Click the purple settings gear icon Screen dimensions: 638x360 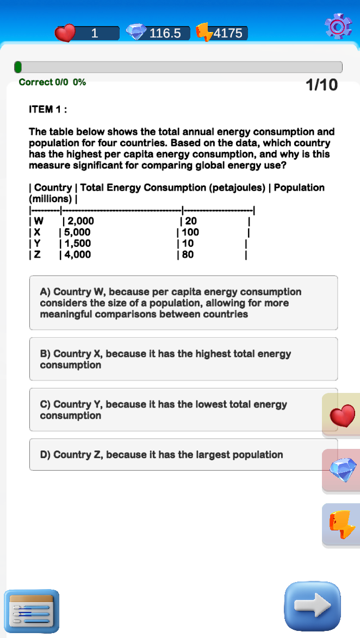(338, 26)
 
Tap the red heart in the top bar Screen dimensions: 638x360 (65, 33)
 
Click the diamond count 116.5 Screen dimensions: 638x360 (165, 33)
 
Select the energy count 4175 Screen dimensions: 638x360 (228, 33)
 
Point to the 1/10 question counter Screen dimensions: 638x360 (321, 85)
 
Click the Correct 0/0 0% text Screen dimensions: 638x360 (52, 82)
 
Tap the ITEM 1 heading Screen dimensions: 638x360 (48, 109)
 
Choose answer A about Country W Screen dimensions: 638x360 (183, 303)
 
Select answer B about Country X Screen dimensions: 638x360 (183, 359)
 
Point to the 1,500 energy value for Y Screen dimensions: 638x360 (77, 243)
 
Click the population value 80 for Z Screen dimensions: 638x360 (188, 254)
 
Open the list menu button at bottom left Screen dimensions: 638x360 (32, 611)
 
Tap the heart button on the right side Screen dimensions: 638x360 (342, 416)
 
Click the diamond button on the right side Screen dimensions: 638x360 (342, 470)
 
